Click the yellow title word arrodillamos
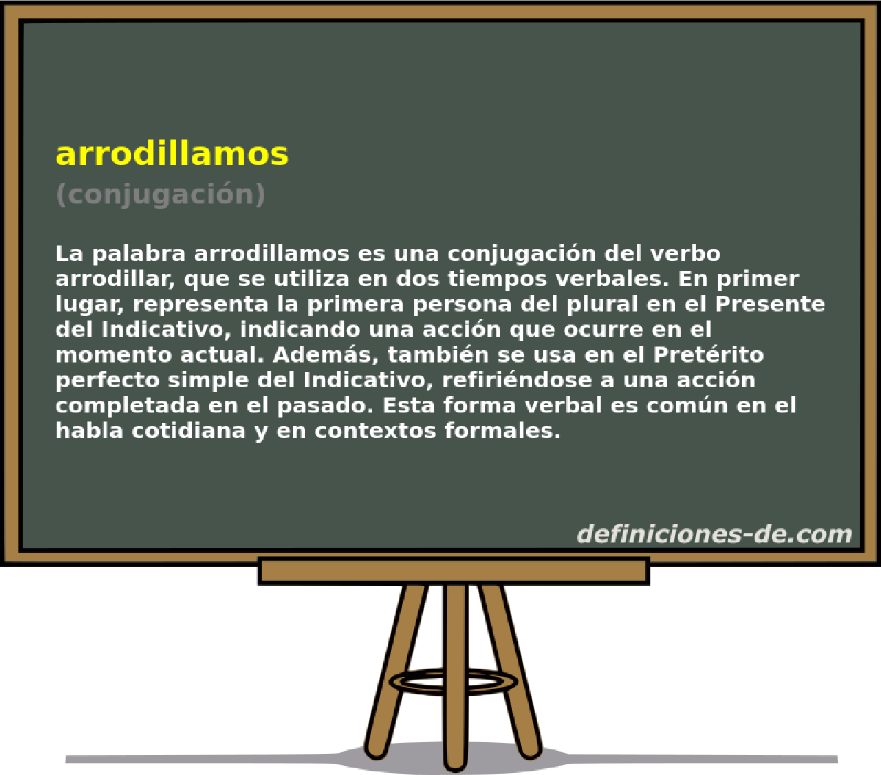point(172,153)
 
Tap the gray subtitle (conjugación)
point(160,194)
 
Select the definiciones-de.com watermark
point(714,534)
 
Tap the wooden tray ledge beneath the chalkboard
point(453,571)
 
